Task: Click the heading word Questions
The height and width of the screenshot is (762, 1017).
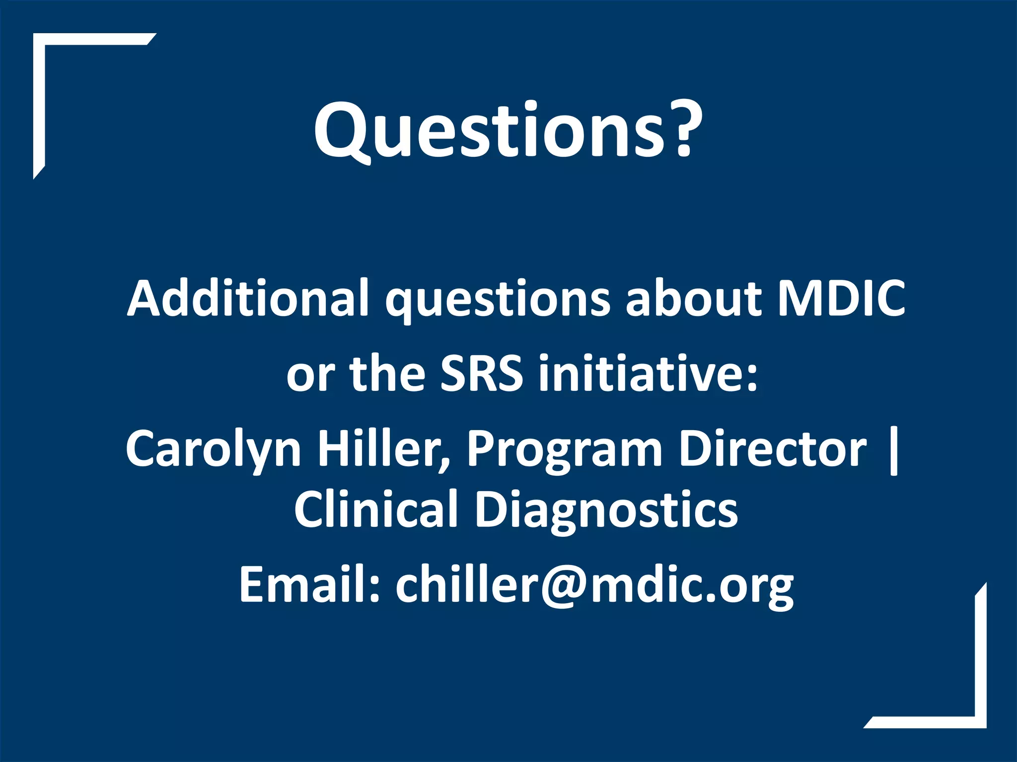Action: [489, 130]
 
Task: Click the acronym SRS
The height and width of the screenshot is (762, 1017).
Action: [482, 373]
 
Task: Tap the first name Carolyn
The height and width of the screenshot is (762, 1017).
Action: [214, 449]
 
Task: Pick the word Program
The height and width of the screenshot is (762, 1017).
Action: [565, 449]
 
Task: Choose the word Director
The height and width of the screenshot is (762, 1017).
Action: [773, 449]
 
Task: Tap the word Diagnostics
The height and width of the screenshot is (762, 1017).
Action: [606, 509]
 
